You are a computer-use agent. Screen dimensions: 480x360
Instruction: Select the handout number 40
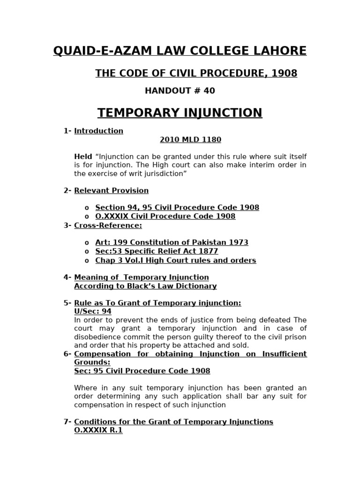209,91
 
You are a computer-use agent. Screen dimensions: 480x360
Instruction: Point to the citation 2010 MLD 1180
190,140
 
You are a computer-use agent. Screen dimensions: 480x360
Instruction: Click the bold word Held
83,157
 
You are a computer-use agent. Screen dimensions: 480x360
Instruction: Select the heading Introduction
98,131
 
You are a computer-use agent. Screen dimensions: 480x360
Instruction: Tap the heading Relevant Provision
111,191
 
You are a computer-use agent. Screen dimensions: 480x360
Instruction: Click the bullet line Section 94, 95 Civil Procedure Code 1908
177,208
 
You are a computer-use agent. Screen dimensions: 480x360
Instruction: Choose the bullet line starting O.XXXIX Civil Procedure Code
165,217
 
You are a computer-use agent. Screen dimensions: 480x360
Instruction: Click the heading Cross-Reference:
108,225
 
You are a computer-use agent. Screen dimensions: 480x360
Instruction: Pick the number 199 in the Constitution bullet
120,243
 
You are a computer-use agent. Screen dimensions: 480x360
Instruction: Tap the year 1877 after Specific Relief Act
209,252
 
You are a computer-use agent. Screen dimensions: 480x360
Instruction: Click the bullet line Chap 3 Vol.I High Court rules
175,261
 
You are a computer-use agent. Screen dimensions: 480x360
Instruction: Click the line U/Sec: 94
92,311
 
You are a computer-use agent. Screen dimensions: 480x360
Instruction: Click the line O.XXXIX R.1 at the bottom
98,430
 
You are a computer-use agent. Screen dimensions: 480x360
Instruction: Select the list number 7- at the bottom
67,422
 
